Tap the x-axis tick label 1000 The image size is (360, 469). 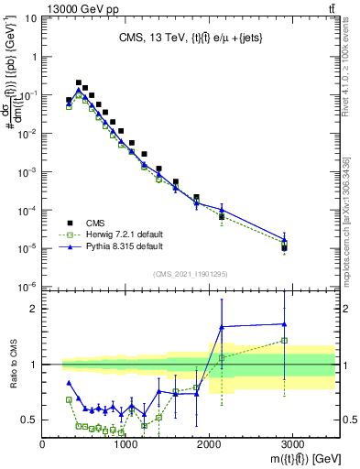pyautogui.click(x=125, y=444)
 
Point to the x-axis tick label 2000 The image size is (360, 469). pyautogui.click(x=209, y=444)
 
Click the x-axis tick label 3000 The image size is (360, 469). pyautogui.click(x=292, y=444)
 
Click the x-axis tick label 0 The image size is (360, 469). pyautogui.click(x=43, y=444)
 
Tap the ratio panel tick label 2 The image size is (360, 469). pyautogui.click(x=32, y=309)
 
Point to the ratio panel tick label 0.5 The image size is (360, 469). pyautogui.click(x=27, y=420)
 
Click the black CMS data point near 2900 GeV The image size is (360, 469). pyautogui.click(x=285, y=247)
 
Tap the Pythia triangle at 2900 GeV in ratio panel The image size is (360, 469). pyautogui.click(x=285, y=323)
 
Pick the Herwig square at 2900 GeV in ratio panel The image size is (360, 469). pyautogui.click(x=285, y=340)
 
